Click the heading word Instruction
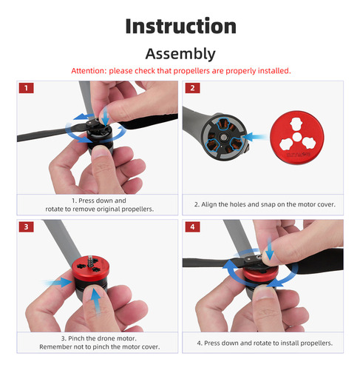180,26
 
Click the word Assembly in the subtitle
180,54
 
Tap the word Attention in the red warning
89,71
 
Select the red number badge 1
26,88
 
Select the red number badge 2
192,88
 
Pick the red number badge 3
26,227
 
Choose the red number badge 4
192,227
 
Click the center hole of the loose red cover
297,137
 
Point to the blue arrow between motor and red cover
254,137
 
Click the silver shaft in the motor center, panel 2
223,137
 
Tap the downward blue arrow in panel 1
106,115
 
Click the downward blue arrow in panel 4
270,249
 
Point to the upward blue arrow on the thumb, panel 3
96,301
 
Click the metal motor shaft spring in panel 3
91,261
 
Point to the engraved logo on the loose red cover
299,155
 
